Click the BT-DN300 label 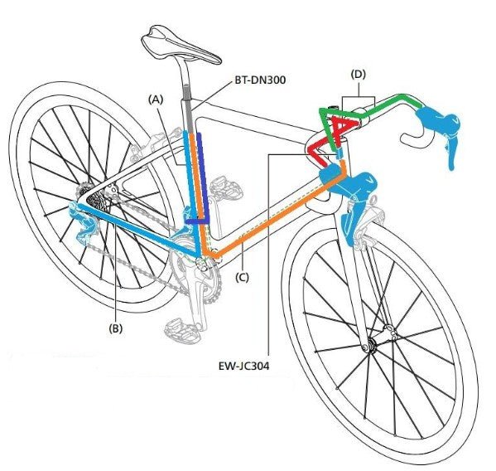260,80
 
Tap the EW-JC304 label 244,367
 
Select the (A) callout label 156,100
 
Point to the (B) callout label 115,328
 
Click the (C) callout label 242,278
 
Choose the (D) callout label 359,75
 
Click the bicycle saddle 181,45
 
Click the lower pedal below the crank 183,330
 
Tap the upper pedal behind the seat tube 226,189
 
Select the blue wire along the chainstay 138,231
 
